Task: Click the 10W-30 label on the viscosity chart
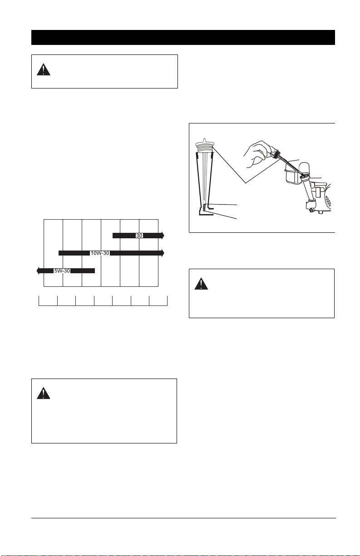100,253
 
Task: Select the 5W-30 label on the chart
62,271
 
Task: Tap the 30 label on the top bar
139,236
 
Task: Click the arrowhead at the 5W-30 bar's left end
38,271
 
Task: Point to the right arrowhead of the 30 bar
163,235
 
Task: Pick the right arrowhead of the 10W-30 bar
163,253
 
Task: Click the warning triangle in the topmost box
44,69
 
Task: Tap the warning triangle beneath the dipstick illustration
201,284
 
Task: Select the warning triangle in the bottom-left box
44,393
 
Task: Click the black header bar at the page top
183,38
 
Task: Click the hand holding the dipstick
258,154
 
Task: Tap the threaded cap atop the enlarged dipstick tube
204,146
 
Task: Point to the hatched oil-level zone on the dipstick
205,208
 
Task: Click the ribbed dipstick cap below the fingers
276,154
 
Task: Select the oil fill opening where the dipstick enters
304,176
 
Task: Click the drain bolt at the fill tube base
311,211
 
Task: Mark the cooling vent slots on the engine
328,202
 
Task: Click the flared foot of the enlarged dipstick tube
206,212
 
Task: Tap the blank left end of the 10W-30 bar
74,253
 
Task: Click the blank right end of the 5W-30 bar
83,271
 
